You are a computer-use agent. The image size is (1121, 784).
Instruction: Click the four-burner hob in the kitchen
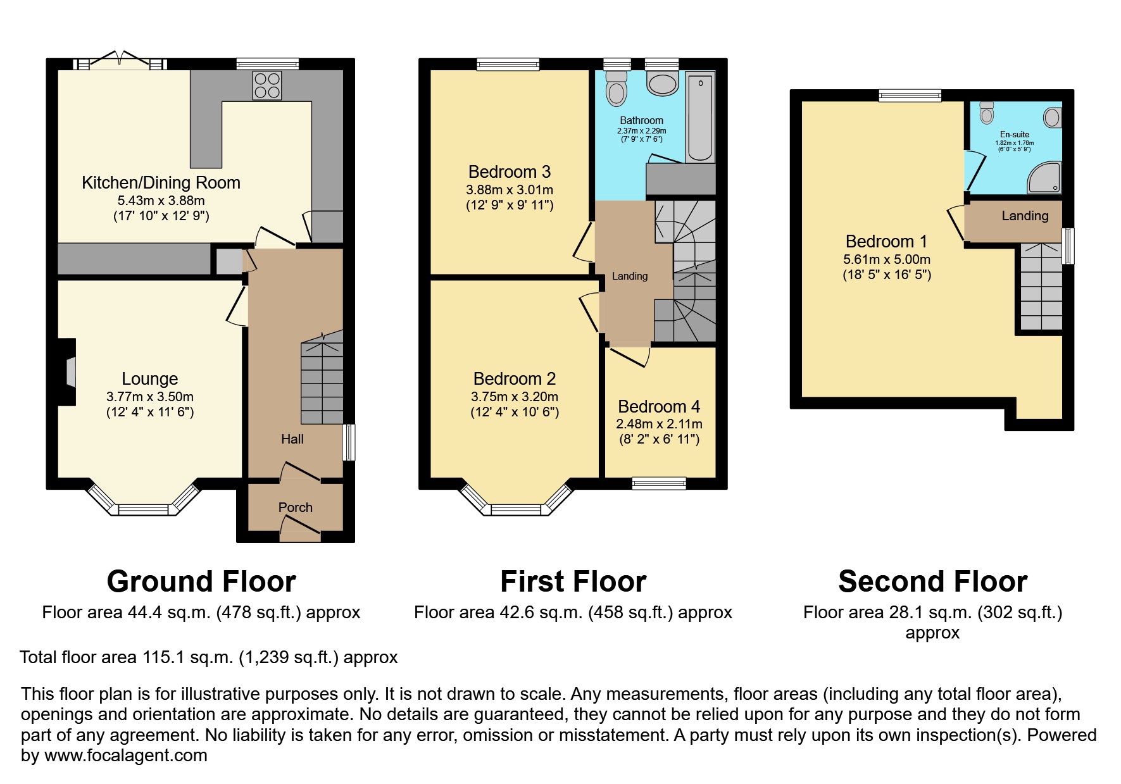click(x=267, y=85)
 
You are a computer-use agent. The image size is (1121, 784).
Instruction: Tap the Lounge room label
click(x=149, y=379)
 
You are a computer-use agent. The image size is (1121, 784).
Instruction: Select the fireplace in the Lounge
click(x=70, y=371)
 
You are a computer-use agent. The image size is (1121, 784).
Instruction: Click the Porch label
click(x=295, y=507)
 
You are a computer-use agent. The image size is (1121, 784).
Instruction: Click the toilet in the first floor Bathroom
click(x=615, y=89)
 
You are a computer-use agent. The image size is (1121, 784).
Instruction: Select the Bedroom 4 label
click(x=659, y=407)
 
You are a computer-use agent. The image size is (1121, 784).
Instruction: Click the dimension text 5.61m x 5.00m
click(x=886, y=259)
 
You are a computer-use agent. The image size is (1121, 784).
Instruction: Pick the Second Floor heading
click(x=932, y=582)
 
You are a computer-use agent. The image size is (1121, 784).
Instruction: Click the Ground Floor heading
click(x=201, y=582)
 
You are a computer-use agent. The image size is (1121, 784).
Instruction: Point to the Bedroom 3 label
click(x=509, y=172)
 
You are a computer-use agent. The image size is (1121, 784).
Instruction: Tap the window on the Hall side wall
click(x=349, y=442)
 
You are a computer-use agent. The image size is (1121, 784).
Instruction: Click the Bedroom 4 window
click(x=658, y=483)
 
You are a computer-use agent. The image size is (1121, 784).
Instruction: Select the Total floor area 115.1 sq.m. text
click(x=208, y=657)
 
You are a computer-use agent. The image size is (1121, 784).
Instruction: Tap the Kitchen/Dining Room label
click(x=161, y=183)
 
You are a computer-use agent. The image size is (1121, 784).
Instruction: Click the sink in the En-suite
click(x=1052, y=117)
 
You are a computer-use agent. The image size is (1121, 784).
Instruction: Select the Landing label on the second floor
click(x=1024, y=216)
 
